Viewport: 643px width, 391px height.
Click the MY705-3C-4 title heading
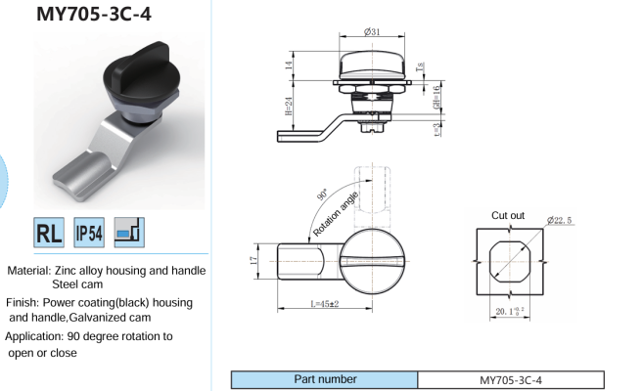(94, 14)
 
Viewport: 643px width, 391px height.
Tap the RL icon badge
(49, 233)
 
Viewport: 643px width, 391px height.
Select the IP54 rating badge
(89, 233)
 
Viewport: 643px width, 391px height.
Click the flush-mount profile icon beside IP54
(129, 233)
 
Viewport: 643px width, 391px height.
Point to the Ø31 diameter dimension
(372, 31)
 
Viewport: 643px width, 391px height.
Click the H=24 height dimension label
(289, 106)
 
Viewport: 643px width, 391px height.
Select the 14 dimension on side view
(289, 65)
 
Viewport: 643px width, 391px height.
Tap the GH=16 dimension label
(436, 97)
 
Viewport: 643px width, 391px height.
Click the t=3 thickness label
(436, 130)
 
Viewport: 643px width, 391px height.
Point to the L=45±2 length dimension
(325, 304)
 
